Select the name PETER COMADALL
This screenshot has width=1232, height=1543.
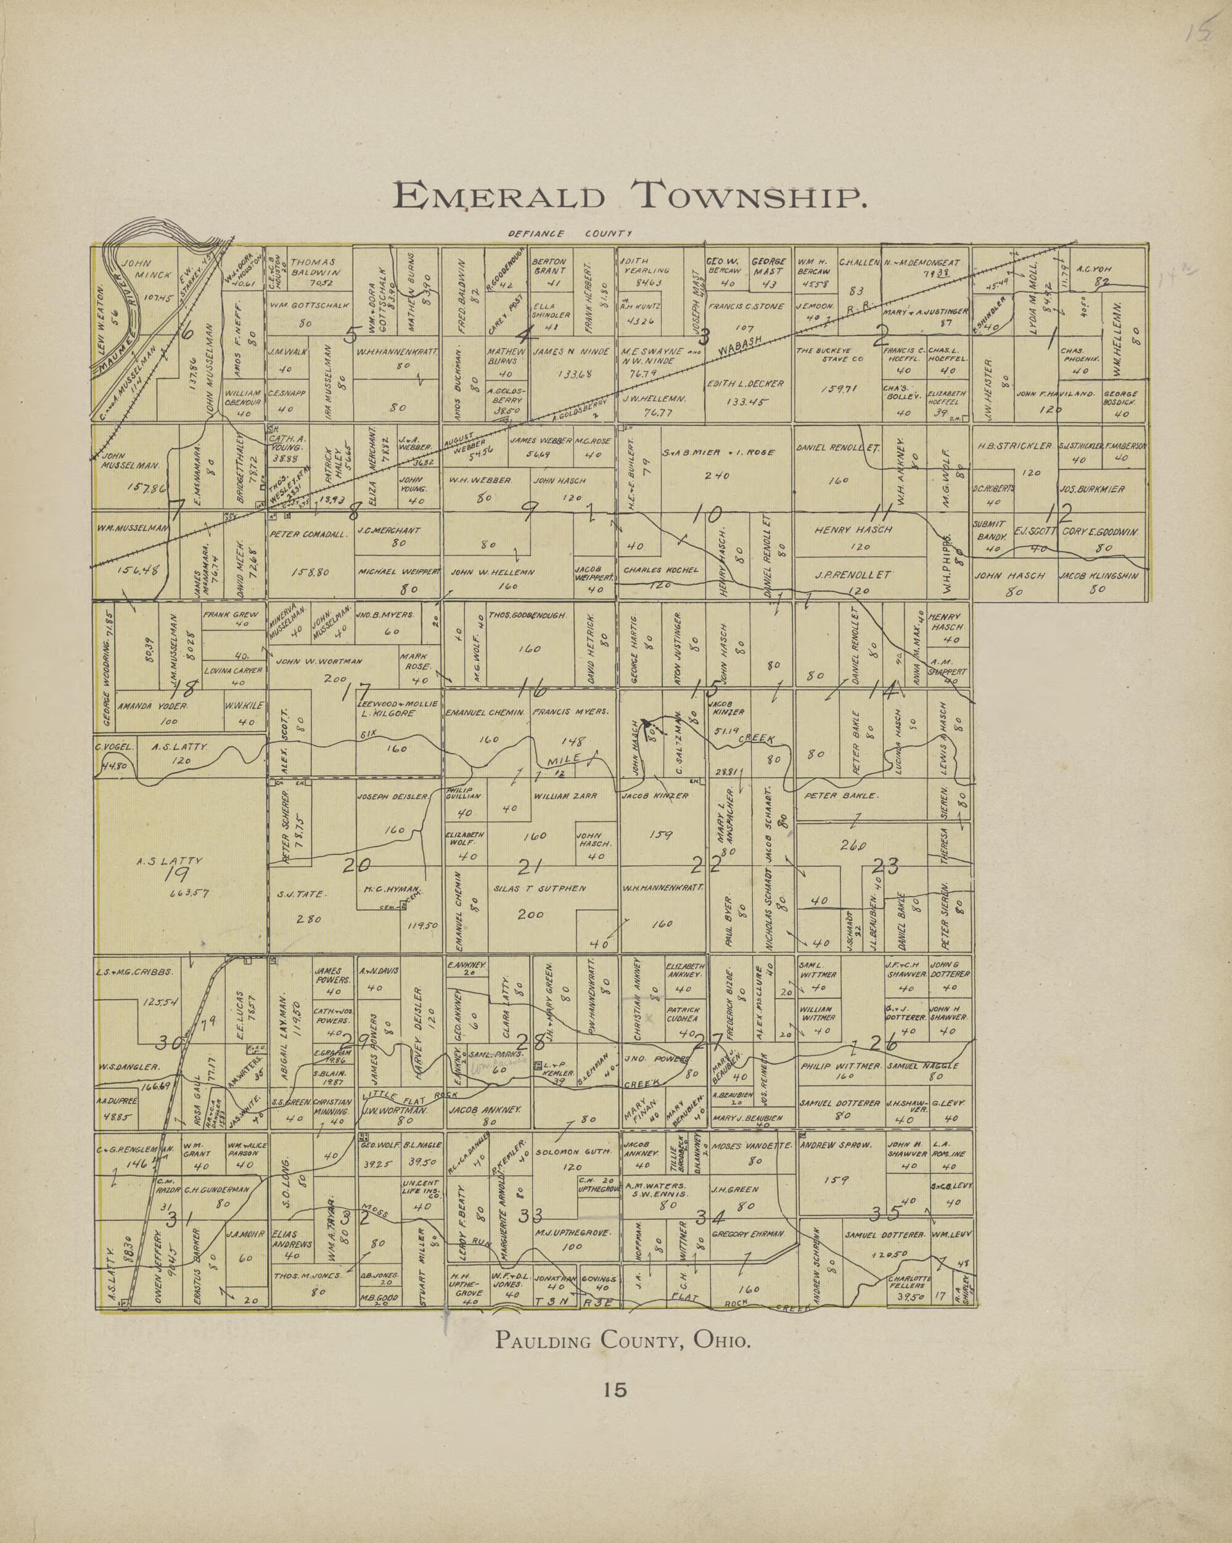point(308,534)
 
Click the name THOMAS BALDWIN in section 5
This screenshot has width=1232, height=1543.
point(312,267)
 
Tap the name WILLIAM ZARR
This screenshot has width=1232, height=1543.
point(564,795)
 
